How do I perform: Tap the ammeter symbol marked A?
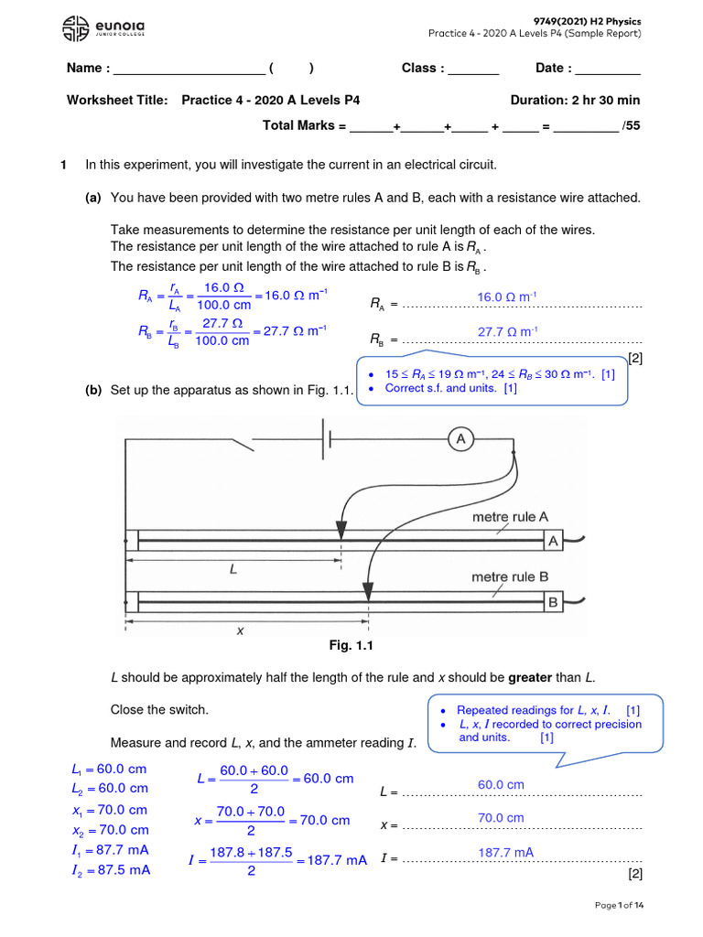(460, 440)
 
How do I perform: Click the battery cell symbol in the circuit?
(326, 440)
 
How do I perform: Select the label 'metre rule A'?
(510, 517)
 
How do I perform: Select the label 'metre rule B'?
(510, 577)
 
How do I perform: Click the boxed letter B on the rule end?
(553, 602)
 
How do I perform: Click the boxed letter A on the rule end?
(553, 542)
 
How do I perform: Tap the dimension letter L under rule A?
(233, 569)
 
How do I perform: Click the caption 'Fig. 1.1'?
(351, 646)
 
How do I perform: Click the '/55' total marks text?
(631, 126)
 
